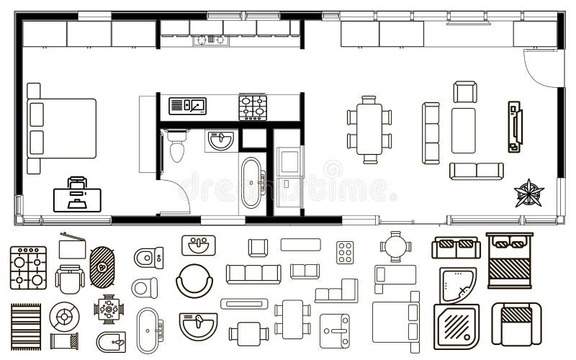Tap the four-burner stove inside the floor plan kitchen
[x=253, y=108]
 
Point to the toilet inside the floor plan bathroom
[x=176, y=146]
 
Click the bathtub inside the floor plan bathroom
[x=253, y=182]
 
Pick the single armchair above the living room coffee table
[x=465, y=92]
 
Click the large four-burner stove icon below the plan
[x=28, y=267]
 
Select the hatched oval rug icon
[x=103, y=268]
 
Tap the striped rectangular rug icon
[x=26, y=325]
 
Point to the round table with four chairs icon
[x=395, y=246]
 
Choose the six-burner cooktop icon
[x=345, y=252]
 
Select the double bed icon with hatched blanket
[x=509, y=260]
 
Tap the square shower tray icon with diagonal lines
[x=455, y=326]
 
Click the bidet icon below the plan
[x=110, y=341]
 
